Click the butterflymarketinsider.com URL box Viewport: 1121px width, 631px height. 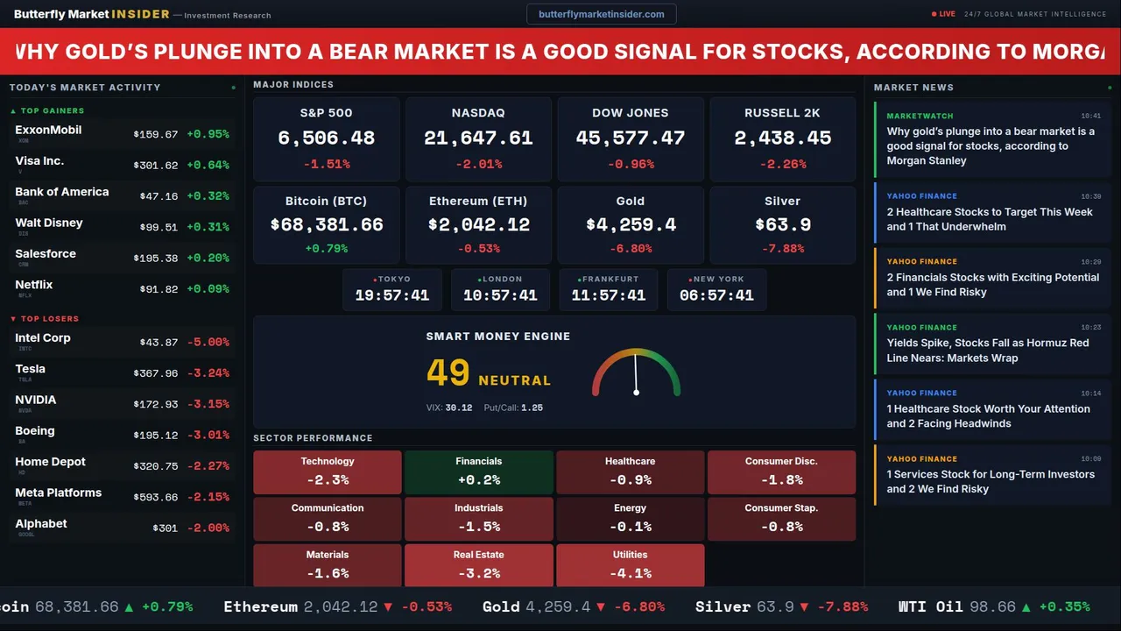coord(601,14)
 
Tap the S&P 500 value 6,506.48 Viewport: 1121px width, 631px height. coord(326,138)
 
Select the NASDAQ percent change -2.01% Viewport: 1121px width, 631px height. coord(478,164)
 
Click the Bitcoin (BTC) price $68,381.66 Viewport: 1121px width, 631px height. coord(327,225)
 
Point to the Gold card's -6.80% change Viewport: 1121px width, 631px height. coord(631,249)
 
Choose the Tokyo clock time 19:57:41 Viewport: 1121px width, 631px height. coord(391,295)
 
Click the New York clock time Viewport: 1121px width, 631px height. coord(716,295)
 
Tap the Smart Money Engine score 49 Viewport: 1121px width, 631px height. coord(448,373)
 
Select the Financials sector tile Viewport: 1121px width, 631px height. coord(478,471)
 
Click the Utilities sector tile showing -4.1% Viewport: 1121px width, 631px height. coord(630,565)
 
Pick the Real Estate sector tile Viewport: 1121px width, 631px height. coord(478,565)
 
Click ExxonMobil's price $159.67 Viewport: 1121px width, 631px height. coord(156,135)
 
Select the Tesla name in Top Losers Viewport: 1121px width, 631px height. coord(31,369)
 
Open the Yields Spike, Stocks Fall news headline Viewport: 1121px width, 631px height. coord(987,351)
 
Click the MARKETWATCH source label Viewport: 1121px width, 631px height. coord(920,116)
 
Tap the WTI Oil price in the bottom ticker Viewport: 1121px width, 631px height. coord(992,606)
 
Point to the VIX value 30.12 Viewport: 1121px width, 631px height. coord(459,408)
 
